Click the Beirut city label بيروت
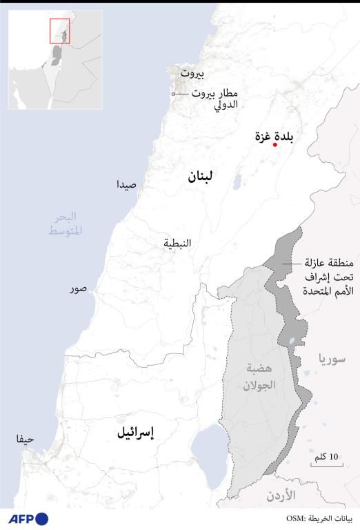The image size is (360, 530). pyautogui.click(x=193, y=72)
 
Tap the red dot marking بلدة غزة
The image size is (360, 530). pyautogui.click(x=274, y=145)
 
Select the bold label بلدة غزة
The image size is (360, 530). pyautogui.click(x=274, y=135)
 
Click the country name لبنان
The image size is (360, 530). pyautogui.click(x=200, y=178)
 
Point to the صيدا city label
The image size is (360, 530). pyautogui.click(x=130, y=184)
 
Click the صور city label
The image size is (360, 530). pyautogui.click(x=78, y=288)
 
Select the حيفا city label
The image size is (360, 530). pyautogui.click(x=25, y=438)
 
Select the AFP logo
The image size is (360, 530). pyautogui.click(x=29, y=518)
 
